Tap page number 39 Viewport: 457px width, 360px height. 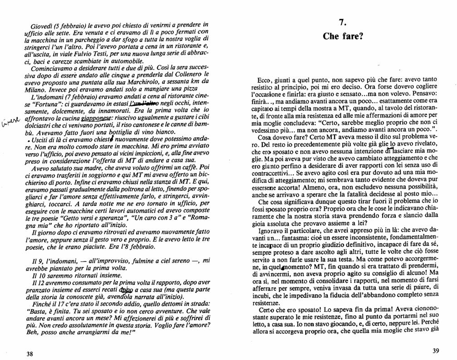click(x=436, y=351)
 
